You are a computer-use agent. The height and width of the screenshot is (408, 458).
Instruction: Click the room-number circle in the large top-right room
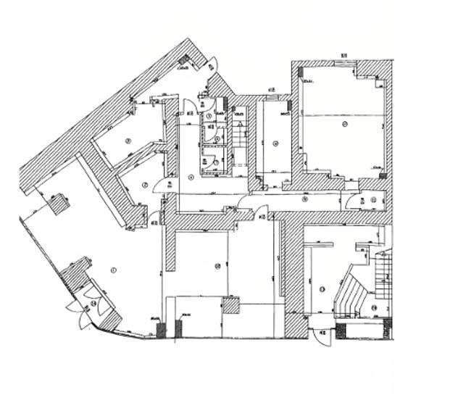point(346,125)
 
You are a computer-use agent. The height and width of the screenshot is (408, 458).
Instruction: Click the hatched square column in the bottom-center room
point(230,305)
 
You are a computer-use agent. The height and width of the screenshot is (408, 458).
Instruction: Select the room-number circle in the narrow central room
point(275,143)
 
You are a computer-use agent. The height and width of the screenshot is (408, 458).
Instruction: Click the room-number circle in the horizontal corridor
point(306,199)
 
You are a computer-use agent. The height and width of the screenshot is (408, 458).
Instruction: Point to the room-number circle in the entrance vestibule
point(92,302)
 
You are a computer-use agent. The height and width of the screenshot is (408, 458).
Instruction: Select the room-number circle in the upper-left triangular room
point(128,141)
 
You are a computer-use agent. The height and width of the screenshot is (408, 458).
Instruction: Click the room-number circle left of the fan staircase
point(321,289)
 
